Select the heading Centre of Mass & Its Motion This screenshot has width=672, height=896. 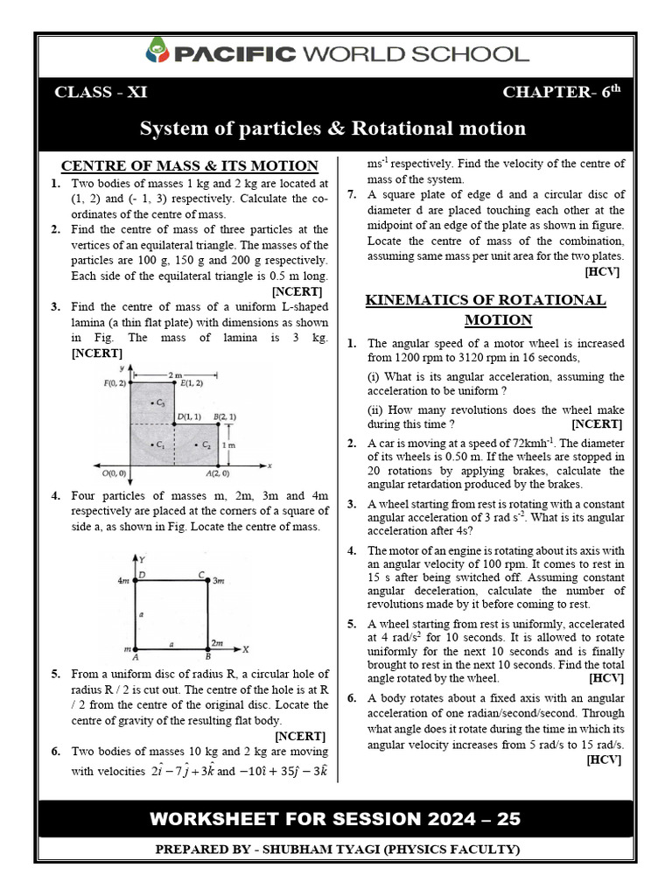coord(189,165)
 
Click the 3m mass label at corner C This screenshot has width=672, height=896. coord(220,580)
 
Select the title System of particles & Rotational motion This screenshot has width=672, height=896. coord(333,129)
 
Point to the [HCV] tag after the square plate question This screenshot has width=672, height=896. coord(603,272)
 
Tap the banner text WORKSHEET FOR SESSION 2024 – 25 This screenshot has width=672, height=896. coord(335,819)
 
